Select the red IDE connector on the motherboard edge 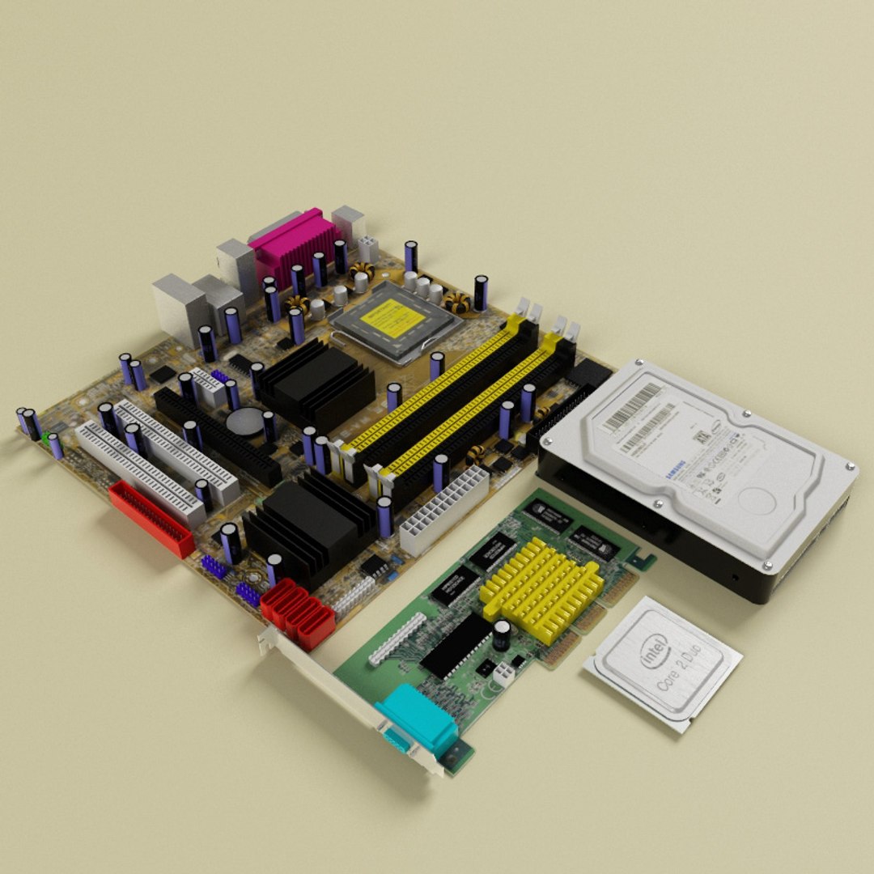tap(151, 519)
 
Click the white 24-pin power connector tap(444, 510)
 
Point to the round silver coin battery tap(245, 419)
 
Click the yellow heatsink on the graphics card tap(541, 589)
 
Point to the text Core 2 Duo tap(681, 671)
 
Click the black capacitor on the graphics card tap(503, 634)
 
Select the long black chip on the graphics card tap(456, 645)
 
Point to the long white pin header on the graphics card tap(397, 639)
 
